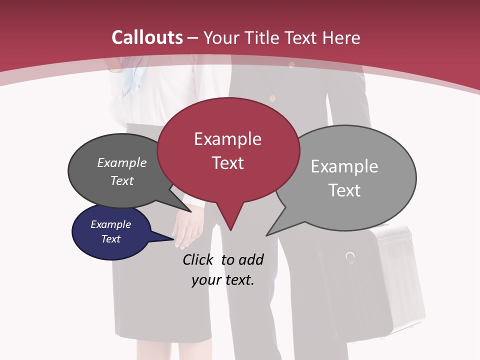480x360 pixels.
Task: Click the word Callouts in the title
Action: coord(147,37)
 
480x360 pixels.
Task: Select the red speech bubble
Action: coord(228,150)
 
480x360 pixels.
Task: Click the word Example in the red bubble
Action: coord(227,139)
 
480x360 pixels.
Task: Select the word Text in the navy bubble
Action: coord(111,239)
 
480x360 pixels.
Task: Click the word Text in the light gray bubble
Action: coord(344,190)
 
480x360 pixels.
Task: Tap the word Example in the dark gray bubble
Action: coord(122,163)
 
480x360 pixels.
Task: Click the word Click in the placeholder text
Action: coord(199,259)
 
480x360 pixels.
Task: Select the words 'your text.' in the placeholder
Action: coord(222,280)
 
